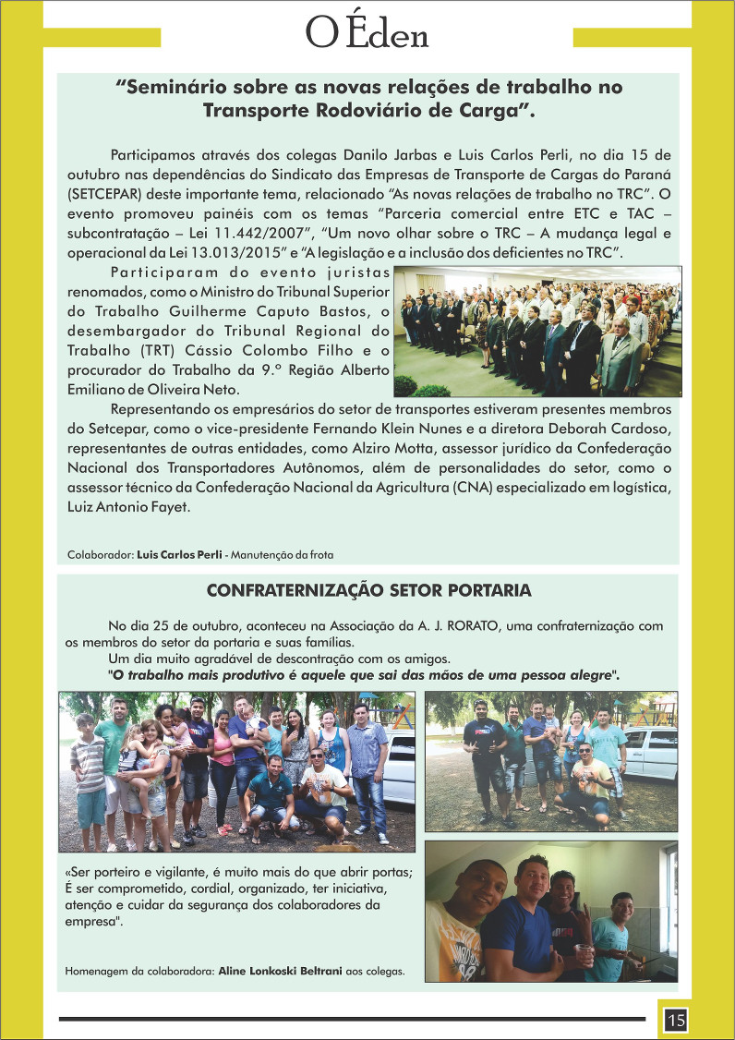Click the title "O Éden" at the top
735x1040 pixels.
[367, 35]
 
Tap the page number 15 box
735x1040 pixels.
[675, 1020]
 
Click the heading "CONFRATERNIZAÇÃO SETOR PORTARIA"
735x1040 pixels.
[368, 590]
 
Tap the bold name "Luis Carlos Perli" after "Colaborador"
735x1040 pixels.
[179, 555]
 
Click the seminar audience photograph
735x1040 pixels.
[536, 332]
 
